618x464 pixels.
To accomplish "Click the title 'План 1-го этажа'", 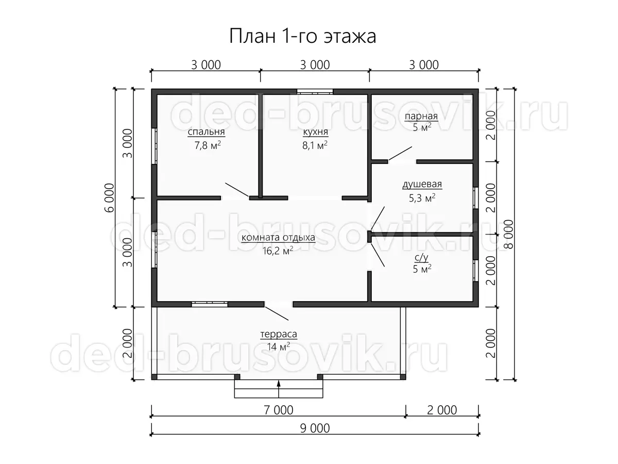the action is tap(303, 36).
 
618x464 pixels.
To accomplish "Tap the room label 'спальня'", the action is tap(207, 132).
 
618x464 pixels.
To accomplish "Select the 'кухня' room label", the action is tap(315, 132).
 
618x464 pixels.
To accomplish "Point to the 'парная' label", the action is tap(421, 117).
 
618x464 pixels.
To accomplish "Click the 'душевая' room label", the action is tap(422, 184).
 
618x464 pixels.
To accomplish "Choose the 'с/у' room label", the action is tap(422, 257).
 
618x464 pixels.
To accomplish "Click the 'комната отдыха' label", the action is tap(278, 238).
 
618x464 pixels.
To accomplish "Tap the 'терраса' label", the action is tap(279, 334).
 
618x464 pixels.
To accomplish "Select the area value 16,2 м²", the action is tap(278, 251).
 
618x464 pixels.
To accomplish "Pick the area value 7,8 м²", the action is tap(208, 145).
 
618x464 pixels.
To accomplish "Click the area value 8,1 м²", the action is tap(315, 145).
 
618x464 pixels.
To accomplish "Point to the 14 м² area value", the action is tap(279, 346).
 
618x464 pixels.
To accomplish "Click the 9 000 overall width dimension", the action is tap(315, 428).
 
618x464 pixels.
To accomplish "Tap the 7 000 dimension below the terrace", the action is tap(279, 410).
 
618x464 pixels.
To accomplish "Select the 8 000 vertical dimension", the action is tap(509, 234).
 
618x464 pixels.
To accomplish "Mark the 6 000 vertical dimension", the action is tap(110, 198).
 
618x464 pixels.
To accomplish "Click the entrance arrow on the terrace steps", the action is tap(279, 389).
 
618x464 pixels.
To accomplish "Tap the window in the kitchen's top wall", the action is tap(315, 92).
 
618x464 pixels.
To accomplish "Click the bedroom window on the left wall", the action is tap(154, 146).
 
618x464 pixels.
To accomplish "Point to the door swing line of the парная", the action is tap(400, 154).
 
